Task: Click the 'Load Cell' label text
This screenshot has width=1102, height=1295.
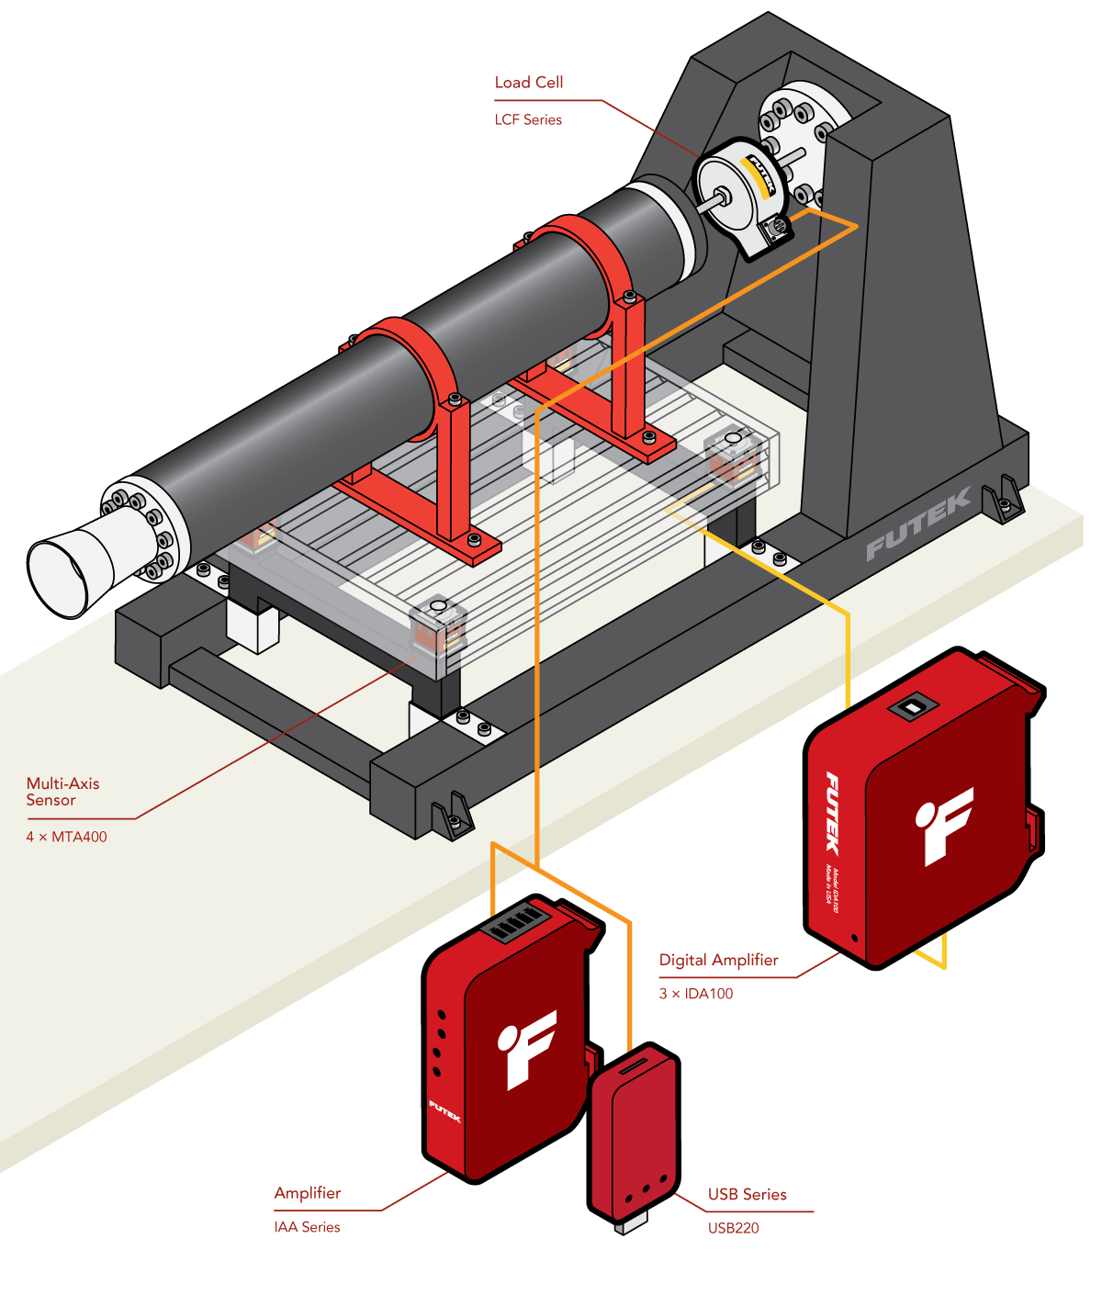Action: tap(528, 83)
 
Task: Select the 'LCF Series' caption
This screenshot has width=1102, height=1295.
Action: tap(528, 119)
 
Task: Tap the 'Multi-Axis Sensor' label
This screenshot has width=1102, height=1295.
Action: tap(62, 792)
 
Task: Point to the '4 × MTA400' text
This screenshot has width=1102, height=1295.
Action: tap(66, 837)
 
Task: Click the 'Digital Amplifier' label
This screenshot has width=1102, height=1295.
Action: tap(718, 960)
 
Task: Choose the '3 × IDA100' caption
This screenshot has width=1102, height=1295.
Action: tap(696, 994)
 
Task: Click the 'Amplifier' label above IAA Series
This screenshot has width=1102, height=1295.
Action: tap(307, 1193)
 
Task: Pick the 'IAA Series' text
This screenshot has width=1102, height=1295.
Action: tap(307, 1227)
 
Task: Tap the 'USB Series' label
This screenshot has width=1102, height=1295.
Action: tap(747, 1194)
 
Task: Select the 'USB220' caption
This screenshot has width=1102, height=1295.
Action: tap(733, 1228)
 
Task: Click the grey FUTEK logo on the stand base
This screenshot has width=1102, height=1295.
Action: tap(918, 524)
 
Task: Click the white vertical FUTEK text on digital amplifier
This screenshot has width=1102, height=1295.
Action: tap(832, 813)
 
